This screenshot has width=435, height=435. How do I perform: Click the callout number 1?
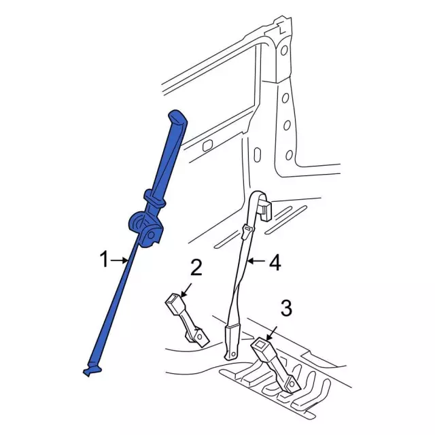click(x=104, y=260)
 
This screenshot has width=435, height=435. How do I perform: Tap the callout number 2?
click(x=196, y=267)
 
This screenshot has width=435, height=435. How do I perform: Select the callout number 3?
click(x=286, y=308)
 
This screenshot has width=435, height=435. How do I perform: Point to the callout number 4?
click(x=275, y=263)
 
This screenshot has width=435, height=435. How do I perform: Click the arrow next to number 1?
click(x=120, y=260)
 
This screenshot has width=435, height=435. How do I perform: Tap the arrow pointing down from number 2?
click(x=186, y=290)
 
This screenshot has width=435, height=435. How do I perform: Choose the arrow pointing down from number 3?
click(x=271, y=333)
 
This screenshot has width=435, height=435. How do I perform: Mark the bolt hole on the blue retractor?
click(x=151, y=235)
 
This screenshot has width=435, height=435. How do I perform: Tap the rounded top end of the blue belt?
click(x=178, y=116)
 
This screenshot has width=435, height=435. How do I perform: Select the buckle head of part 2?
click(x=173, y=302)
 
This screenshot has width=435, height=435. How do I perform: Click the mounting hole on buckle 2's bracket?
click(x=199, y=336)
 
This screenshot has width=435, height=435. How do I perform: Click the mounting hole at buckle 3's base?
click(x=292, y=384)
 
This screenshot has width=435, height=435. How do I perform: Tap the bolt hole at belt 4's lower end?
click(x=234, y=354)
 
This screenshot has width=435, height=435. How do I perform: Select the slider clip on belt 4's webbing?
click(x=247, y=232)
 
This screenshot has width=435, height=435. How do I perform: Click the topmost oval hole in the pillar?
click(x=284, y=50)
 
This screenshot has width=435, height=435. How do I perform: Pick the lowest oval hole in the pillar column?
click(x=289, y=155)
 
